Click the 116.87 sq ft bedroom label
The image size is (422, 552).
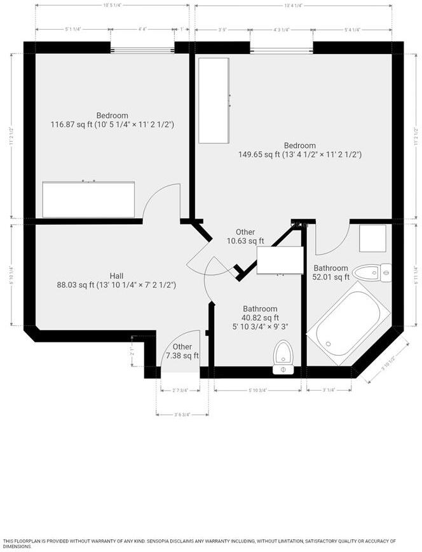pos(112,120)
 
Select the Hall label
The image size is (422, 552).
pos(116,280)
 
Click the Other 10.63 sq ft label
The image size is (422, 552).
pos(245,236)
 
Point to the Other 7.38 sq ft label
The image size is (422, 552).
pos(182,351)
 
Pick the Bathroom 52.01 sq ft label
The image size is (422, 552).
pos(330,273)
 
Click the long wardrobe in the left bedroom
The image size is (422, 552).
pos(88,199)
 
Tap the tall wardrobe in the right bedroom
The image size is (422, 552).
pos(214,100)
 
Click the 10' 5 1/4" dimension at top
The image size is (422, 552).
pos(112,5)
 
